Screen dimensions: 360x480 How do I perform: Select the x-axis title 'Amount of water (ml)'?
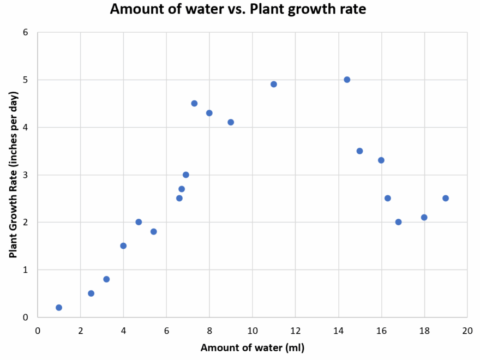point(252,347)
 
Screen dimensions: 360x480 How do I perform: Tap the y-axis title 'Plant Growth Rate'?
point(13,175)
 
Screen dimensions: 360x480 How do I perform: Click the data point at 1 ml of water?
point(59,308)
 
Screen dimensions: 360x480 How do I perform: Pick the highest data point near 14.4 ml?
point(347,80)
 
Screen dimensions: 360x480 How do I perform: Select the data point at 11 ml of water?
point(274,84)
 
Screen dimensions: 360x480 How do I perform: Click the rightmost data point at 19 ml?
point(446,198)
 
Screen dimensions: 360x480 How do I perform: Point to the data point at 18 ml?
point(424,217)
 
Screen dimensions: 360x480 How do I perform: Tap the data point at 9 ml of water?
point(231,122)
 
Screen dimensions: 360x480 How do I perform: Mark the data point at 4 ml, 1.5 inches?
point(123,245)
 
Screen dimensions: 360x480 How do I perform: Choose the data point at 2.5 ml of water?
point(91,293)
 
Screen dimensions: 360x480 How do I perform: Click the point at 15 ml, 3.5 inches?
point(359,151)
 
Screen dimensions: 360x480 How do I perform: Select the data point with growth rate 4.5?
point(194,103)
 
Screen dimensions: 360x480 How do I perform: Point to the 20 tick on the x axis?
point(467,331)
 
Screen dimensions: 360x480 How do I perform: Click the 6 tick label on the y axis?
point(25,33)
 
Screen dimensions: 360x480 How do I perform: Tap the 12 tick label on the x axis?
point(295,331)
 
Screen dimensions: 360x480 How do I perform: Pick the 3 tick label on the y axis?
point(25,175)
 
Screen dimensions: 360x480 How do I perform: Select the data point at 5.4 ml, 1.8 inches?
point(154,231)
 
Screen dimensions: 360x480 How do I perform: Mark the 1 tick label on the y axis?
point(25,270)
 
